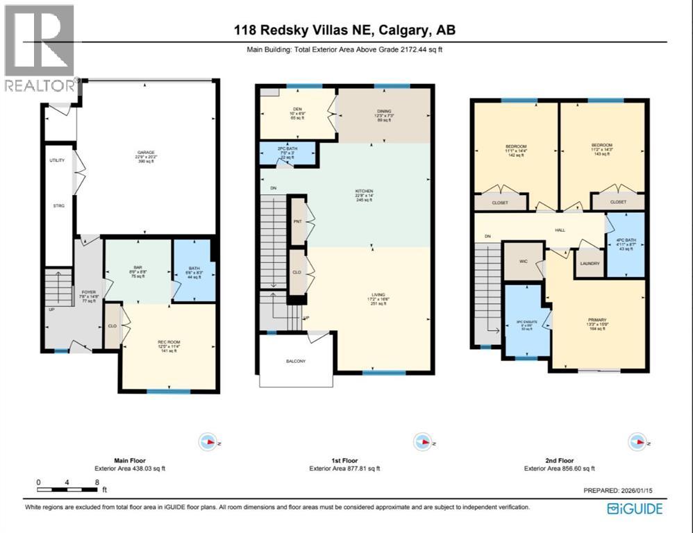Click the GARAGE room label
tap(145, 153)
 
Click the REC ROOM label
tap(169, 341)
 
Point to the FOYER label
tap(87, 292)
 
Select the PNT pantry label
tap(297, 221)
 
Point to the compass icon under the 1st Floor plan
tap(421, 441)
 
